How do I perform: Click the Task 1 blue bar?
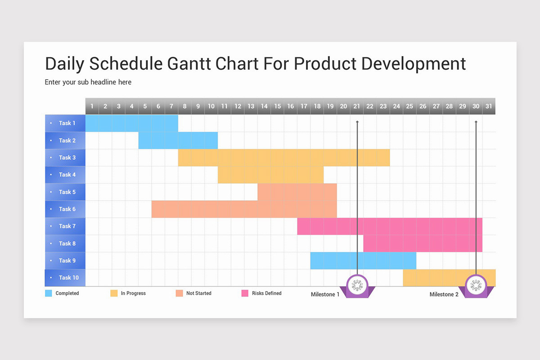point(131,123)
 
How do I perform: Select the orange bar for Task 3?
point(283,157)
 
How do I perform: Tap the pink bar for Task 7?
point(389,226)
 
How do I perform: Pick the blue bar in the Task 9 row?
point(363,261)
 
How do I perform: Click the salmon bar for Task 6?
point(244,209)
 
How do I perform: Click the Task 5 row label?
point(65,192)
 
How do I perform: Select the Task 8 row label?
point(65,243)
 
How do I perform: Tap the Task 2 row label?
point(65,140)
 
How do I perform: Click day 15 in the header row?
point(277,106)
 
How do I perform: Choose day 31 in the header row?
point(489,106)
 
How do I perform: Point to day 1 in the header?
point(92,106)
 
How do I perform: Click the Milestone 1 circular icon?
point(357,285)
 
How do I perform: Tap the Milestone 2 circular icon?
point(476,285)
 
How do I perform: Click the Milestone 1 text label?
point(325,294)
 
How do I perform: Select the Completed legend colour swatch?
point(49,293)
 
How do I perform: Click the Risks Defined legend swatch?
point(245,293)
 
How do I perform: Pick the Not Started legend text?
point(198,293)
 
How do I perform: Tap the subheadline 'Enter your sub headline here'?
point(88,82)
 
